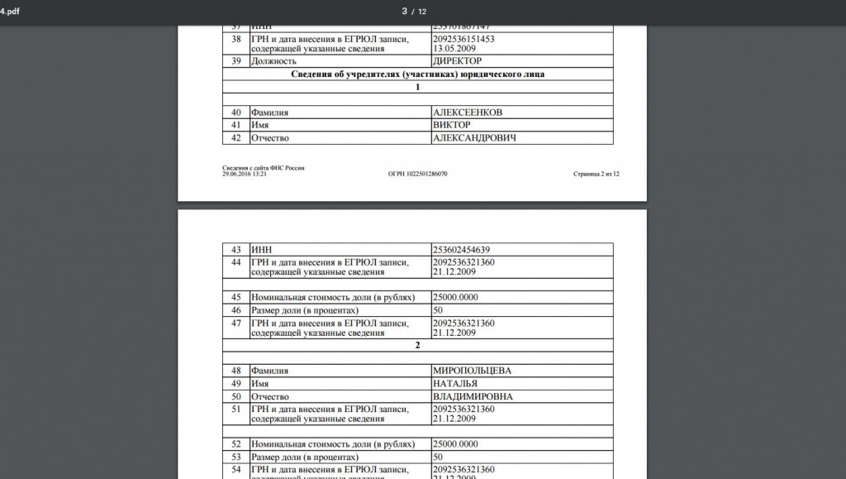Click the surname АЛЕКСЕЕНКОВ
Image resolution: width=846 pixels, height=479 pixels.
click(x=467, y=112)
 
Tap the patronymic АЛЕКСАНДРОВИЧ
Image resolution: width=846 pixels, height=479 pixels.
click(x=474, y=138)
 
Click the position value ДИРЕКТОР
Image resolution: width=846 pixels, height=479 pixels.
click(x=457, y=61)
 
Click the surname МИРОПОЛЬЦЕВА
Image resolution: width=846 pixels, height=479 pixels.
click(x=472, y=371)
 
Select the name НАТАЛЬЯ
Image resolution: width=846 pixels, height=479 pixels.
click(x=455, y=384)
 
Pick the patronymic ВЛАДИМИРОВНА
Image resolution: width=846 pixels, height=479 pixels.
click(x=473, y=397)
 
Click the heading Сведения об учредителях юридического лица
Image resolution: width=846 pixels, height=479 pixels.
click(x=417, y=74)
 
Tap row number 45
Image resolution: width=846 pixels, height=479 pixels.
click(x=236, y=297)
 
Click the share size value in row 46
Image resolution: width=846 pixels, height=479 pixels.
click(x=438, y=310)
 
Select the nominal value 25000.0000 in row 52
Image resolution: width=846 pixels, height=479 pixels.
click(x=455, y=444)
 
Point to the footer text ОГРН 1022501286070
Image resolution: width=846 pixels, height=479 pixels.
click(x=417, y=175)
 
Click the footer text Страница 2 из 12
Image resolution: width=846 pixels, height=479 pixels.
click(x=595, y=175)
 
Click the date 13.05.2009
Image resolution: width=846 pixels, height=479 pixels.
click(x=452, y=49)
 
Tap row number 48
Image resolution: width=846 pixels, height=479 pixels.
click(x=236, y=371)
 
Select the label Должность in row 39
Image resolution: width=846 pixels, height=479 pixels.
click(x=273, y=61)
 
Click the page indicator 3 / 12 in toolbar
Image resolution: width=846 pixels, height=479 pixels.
click(x=414, y=11)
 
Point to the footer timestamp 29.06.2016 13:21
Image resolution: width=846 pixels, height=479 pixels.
click(x=244, y=174)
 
